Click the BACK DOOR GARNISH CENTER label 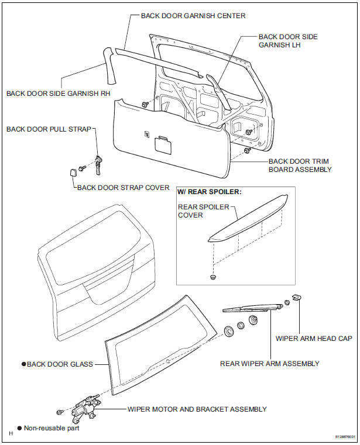click(x=193, y=15)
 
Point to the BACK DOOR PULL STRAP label click(x=49, y=129)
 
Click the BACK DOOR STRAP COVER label click(x=123, y=188)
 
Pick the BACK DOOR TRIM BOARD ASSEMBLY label click(x=300, y=165)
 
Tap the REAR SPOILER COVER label click(x=203, y=211)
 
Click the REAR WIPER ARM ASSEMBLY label click(x=269, y=363)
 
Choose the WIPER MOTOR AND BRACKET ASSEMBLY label click(x=197, y=409)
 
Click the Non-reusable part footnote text click(x=51, y=428)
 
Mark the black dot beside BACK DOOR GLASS click(x=23, y=364)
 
